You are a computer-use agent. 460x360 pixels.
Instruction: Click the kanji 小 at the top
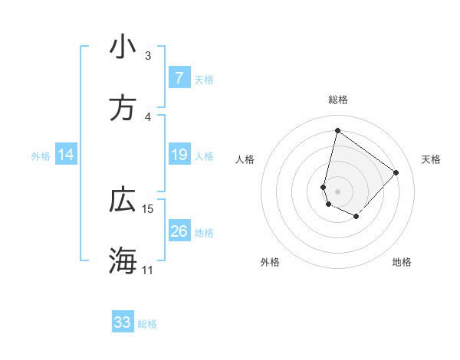coord(123,47)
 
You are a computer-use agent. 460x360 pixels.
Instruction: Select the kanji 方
coord(123,110)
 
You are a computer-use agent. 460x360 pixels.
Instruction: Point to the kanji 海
coord(123,261)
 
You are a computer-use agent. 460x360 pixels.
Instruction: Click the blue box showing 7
coord(179,78)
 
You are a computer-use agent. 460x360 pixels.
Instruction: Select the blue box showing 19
coord(179,155)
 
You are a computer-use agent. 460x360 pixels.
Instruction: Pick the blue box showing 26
coord(179,231)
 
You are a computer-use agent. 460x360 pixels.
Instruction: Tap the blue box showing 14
coord(66,155)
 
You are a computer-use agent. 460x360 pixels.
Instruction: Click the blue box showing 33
coord(123,322)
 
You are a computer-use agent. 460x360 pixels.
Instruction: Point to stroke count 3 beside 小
coord(148,56)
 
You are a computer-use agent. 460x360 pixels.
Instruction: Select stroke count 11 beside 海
coord(148,270)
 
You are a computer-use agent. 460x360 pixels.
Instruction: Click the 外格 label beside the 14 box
coord(41,156)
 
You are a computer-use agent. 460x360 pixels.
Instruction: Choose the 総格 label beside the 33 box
coord(147,324)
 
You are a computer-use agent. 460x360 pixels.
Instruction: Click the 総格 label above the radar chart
coord(337,100)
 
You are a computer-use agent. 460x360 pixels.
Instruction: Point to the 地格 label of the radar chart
coord(402,262)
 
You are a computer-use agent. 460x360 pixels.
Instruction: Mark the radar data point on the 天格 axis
coord(396,172)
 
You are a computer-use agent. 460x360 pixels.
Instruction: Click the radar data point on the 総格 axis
coord(337,130)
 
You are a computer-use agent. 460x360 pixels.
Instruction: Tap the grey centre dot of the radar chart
coord(337,191)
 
